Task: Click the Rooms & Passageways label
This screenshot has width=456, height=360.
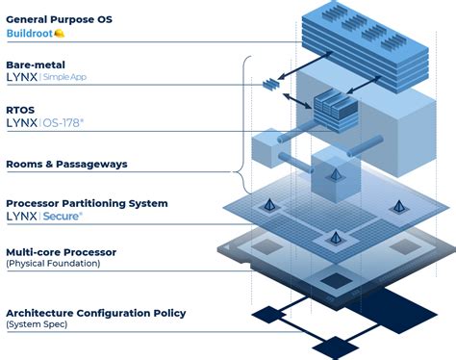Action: tap(65, 164)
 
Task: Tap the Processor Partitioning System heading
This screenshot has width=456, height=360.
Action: tap(87, 203)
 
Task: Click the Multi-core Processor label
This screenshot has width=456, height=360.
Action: tap(74, 251)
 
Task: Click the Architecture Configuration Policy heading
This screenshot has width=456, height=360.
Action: tap(95, 313)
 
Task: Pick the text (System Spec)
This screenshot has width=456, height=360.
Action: tap(37, 324)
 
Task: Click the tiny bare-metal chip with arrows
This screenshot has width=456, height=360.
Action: tap(269, 85)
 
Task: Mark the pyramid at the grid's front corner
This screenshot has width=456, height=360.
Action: tap(332, 236)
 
